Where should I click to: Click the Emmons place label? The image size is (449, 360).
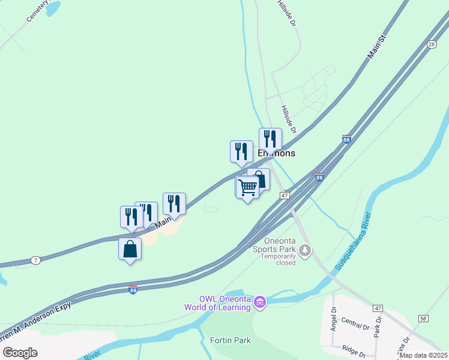tap(277, 153)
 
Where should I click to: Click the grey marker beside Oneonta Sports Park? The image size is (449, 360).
tap(306, 249)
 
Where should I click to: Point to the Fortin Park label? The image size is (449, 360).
tap(230, 340)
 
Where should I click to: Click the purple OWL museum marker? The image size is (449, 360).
tap(259, 302)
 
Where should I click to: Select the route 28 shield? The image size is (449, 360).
tap(432, 44)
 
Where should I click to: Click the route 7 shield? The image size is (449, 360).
tap(36, 260)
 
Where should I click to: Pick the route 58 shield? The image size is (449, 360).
tap(424, 319)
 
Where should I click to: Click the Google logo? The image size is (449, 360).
tap(19, 352)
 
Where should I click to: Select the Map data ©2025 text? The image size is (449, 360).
tap(423, 355)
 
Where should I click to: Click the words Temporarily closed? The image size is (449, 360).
tap(279, 260)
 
